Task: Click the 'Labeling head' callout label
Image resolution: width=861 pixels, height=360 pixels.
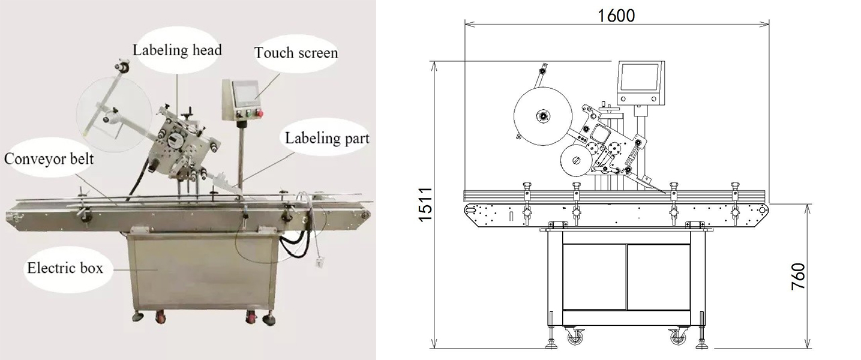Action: pyautogui.click(x=177, y=50)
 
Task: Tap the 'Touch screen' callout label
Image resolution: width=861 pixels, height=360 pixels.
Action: pyautogui.click(x=296, y=53)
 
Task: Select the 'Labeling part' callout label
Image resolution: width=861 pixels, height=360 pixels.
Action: pyautogui.click(x=327, y=139)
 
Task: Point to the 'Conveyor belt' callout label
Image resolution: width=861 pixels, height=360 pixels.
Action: pyautogui.click(x=49, y=158)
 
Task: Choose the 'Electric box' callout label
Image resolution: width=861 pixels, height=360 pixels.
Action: pyautogui.click(x=65, y=268)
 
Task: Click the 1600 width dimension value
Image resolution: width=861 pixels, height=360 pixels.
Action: pyautogui.click(x=616, y=16)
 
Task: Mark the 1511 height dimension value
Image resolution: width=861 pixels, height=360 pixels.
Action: pyautogui.click(x=426, y=205)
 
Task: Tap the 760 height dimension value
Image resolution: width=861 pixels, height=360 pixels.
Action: pyautogui.click(x=799, y=277)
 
